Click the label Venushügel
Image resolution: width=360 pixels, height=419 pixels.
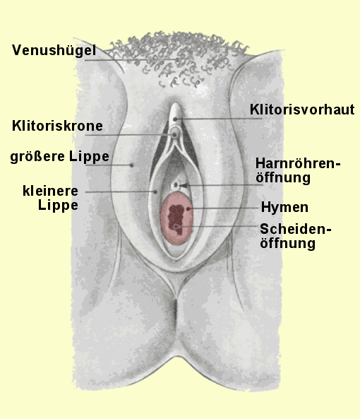point(54,50)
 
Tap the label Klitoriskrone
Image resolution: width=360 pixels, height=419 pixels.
point(57,126)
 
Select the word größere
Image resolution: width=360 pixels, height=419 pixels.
point(37,156)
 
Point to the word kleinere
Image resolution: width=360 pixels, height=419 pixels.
point(50,191)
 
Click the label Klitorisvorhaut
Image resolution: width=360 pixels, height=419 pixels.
point(302,110)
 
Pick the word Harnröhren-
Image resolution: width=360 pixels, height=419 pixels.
point(298,163)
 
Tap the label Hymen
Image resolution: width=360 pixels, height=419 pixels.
point(284,208)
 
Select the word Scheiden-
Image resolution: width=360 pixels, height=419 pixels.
point(296,229)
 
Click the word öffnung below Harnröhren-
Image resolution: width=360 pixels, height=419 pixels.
point(283,177)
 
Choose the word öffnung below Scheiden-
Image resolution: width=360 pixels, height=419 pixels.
point(288,244)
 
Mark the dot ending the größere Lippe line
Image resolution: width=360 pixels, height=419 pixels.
point(131,165)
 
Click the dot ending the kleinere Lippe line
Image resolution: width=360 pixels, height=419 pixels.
point(155,191)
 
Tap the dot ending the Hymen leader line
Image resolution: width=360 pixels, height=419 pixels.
point(188,208)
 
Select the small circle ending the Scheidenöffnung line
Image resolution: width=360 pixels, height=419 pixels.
point(176,227)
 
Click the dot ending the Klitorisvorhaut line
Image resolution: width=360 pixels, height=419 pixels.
point(175,119)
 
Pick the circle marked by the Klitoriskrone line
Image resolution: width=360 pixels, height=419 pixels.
point(174,135)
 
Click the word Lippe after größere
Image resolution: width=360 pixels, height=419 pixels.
point(89,157)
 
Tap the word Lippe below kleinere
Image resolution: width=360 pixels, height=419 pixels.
point(58,206)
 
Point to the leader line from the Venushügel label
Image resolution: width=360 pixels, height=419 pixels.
point(131,60)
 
